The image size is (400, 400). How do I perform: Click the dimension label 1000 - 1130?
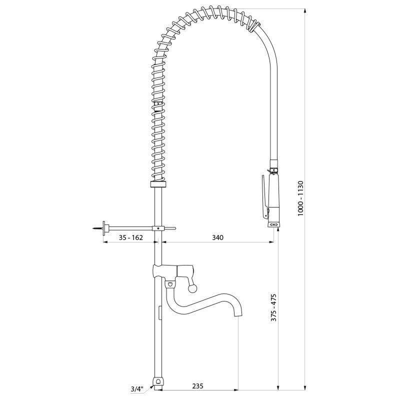(300, 198)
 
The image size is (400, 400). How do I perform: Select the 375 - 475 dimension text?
(273, 307)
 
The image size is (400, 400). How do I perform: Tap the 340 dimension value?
(217, 237)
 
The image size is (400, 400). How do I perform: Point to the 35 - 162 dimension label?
(130, 237)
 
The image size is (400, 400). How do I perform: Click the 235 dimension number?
(197, 386)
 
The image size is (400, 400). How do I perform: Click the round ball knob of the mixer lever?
(192, 288)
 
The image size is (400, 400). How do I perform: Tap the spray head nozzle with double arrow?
(274, 224)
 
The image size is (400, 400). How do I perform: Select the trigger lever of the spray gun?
(264, 196)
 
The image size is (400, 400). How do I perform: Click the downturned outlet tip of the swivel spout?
(238, 314)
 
